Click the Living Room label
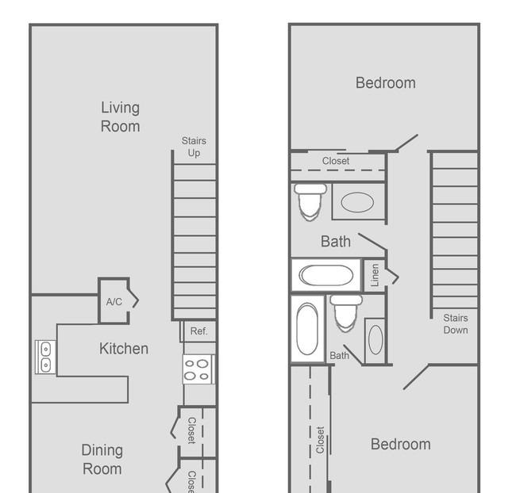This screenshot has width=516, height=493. pyautogui.click(x=121, y=117)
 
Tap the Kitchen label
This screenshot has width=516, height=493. pyautogui.click(x=124, y=349)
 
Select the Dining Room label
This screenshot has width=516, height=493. pyautogui.click(x=102, y=460)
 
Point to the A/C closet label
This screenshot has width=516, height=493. pyautogui.click(x=114, y=302)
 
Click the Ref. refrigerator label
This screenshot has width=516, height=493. pyautogui.click(x=199, y=331)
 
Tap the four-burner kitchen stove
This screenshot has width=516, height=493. pyautogui.click(x=198, y=369)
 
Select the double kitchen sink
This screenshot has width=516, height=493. pyautogui.click(x=45, y=357)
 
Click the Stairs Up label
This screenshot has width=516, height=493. pyautogui.click(x=194, y=147)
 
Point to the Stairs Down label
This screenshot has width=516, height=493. pyautogui.click(x=456, y=324)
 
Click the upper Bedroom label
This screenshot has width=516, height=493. pyautogui.click(x=386, y=82)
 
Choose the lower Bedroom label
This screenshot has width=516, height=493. pyautogui.click(x=401, y=445)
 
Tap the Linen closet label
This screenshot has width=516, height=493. pyautogui.click(x=375, y=275)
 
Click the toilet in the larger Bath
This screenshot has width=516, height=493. pyautogui.click(x=310, y=202)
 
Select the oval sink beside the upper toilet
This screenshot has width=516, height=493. pyautogui.click(x=357, y=202)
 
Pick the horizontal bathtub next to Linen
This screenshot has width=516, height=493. pyautogui.click(x=325, y=275)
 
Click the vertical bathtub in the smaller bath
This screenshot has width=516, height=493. pyautogui.click(x=307, y=329)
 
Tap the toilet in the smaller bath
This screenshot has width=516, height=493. pyautogui.click(x=346, y=313)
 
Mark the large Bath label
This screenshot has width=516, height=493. pyautogui.click(x=336, y=242)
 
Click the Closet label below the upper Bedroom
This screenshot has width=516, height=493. pyautogui.click(x=336, y=161)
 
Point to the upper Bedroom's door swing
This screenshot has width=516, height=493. pyautogui.click(x=406, y=143)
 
